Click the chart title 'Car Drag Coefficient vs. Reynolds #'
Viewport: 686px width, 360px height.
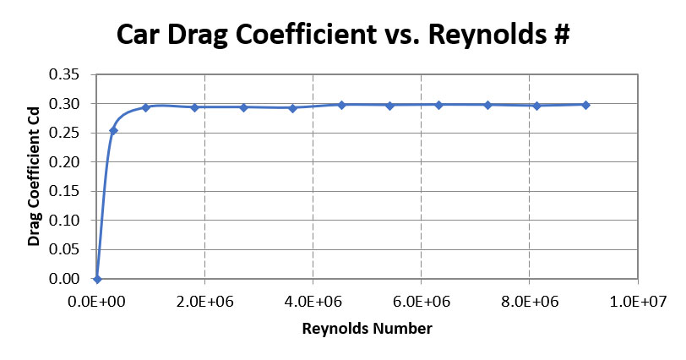[343, 36]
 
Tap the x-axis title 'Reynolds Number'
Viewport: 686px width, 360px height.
[367, 327]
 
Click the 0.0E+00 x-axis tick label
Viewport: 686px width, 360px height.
[97, 300]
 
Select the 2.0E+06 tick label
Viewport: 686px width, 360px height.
[205, 300]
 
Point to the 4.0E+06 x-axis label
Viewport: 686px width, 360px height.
[313, 300]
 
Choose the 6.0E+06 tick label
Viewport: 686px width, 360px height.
[422, 300]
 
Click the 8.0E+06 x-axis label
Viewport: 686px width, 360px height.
[530, 300]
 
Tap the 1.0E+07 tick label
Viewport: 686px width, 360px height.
[638, 300]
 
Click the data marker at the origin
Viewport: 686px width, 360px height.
[97, 279]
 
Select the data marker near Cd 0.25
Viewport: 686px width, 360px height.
[114, 130]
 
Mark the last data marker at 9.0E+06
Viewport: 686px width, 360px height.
[585, 105]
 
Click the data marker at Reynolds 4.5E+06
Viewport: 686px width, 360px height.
[341, 105]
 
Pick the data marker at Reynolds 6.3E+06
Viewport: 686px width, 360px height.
[438, 105]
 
